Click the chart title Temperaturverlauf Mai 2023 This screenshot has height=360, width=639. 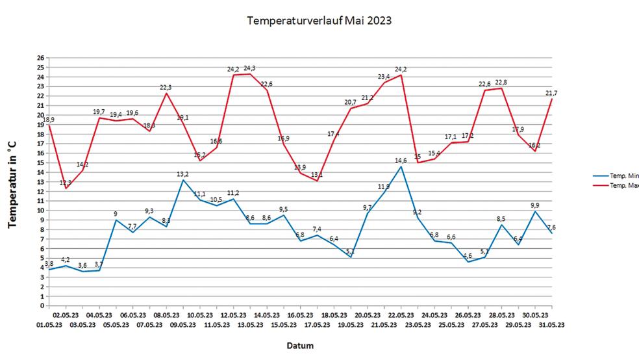319,21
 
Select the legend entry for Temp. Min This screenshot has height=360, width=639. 624,175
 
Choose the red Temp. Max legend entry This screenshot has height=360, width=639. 624,185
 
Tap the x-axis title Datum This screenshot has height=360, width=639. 300,346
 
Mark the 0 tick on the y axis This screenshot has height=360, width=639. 42,305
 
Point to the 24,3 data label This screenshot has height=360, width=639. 250,68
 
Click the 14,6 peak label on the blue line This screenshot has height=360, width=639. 401,160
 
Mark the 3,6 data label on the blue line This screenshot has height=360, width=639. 82,265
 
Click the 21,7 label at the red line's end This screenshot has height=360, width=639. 551,93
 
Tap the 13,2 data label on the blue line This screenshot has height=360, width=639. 182,174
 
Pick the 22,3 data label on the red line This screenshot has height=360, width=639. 166,87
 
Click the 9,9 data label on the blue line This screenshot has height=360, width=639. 534,205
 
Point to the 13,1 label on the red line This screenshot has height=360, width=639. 316,175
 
